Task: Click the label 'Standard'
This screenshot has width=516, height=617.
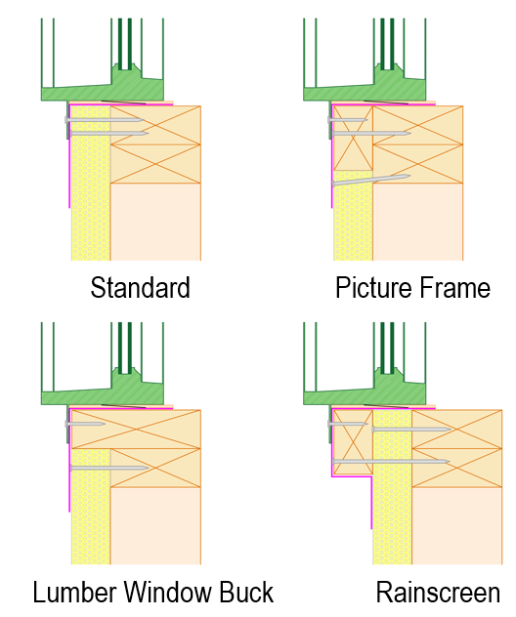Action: coord(140,288)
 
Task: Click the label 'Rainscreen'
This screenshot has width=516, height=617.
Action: coord(438,593)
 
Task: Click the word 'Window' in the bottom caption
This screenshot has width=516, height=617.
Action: coord(169,593)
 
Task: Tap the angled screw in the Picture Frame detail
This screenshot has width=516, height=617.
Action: coord(370,180)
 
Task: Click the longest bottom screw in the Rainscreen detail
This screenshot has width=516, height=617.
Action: coord(391,461)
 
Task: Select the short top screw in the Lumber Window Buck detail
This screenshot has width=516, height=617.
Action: coord(86,425)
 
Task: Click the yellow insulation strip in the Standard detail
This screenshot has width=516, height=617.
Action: coord(91,195)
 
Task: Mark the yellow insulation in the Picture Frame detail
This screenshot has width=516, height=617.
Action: coord(353,225)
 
